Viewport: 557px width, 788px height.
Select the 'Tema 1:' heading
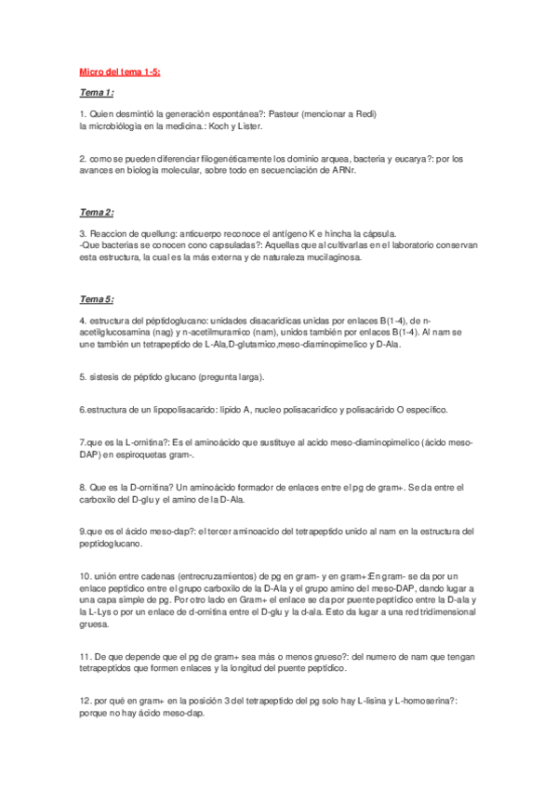click(x=97, y=93)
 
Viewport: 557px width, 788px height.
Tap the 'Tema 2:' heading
click(x=97, y=213)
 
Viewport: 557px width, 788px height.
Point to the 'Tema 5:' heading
click(x=97, y=299)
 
